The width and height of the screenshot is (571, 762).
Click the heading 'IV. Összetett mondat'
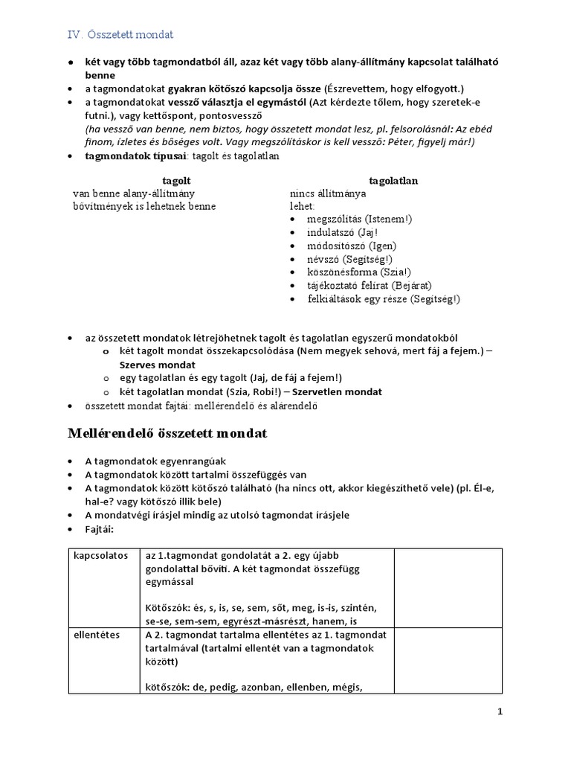click(x=120, y=34)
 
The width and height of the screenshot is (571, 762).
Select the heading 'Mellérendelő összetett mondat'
click(x=168, y=433)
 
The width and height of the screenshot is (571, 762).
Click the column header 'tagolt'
click(x=176, y=181)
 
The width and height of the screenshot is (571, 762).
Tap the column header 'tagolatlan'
click(x=393, y=181)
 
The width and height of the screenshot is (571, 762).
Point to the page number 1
click(x=500, y=712)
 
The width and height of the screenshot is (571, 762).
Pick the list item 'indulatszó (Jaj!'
click(x=342, y=232)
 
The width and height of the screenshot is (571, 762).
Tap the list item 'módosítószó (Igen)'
click(x=352, y=246)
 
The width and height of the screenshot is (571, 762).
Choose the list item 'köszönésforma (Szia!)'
click(x=358, y=272)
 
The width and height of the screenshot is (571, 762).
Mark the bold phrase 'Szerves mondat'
click(x=158, y=365)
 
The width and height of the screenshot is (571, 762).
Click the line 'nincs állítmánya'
click(x=324, y=193)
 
